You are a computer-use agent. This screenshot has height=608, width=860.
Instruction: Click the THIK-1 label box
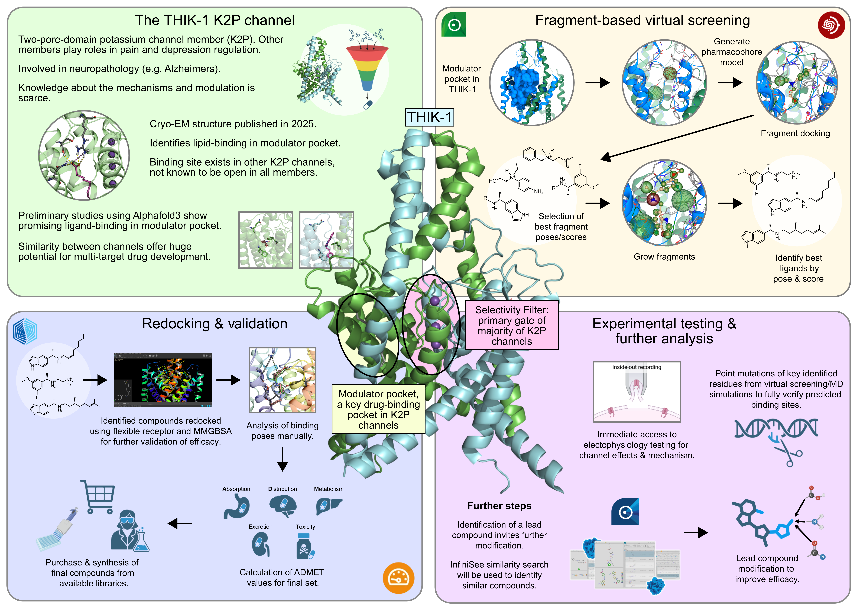430,117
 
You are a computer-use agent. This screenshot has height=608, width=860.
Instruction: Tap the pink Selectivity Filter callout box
512,325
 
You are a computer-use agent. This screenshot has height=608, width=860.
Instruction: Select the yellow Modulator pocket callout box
378,409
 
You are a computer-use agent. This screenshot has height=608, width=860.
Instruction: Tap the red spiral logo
831,25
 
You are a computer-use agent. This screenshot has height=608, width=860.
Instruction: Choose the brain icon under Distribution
283,505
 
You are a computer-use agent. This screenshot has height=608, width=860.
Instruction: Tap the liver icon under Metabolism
329,505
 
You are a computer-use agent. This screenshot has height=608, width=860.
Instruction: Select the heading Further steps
499,506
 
